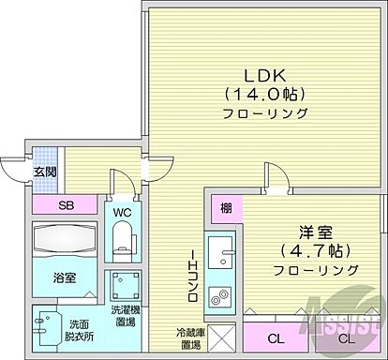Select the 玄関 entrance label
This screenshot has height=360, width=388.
coord(47,172)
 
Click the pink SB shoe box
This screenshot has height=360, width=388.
coord(65,205)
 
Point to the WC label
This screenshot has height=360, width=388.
coord(123,212)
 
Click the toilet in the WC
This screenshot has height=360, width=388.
coord(123,246)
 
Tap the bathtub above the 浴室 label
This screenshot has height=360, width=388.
coord(65,241)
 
